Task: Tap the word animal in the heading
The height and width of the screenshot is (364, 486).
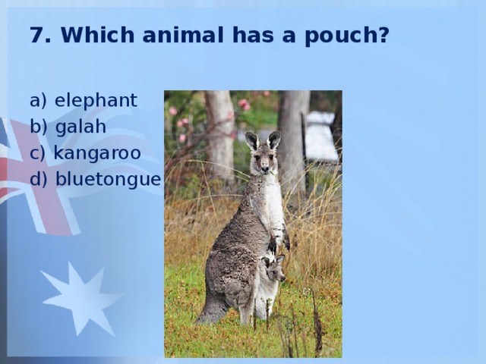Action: click(183, 35)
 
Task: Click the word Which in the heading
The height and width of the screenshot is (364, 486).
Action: click(98, 35)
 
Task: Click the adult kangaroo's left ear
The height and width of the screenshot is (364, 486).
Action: click(252, 140)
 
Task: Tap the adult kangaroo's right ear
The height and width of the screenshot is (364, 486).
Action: click(274, 140)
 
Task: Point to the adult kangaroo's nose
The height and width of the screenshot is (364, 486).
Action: click(265, 168)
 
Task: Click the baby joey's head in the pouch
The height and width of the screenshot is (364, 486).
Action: click(273, 268)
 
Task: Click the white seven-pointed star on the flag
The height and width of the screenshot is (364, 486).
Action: click(82, 299)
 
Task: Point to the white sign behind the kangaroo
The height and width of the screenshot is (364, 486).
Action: click(322, 136)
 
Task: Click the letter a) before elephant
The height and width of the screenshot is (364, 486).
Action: click(38, 101)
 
